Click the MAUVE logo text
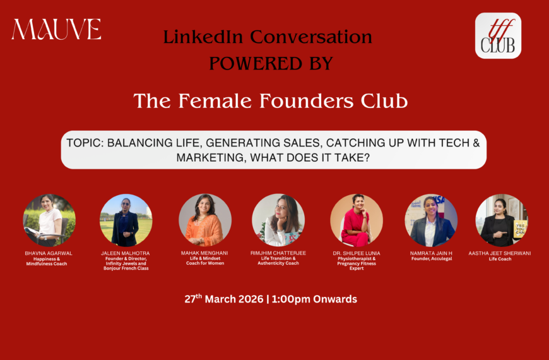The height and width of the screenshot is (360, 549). click(56, 30)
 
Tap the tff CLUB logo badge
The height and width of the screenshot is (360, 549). click(498, 36)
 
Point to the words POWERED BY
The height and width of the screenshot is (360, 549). click(271, 64)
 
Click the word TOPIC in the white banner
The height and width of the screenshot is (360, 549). click(84, 143)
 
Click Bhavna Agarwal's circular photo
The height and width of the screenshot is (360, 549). click(49, 220)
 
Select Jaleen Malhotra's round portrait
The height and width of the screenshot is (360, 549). click(126, 220)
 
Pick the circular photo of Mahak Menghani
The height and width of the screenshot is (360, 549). click(205, 220)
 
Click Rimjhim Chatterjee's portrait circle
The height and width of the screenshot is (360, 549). click(278, 220)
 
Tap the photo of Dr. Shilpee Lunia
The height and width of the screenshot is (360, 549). click(357, 220)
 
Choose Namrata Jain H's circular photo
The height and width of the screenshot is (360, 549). click(431, 220)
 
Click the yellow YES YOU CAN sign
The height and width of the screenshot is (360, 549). click(520, 229)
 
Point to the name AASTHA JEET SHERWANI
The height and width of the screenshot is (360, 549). click(499, 253)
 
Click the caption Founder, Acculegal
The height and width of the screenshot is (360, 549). click(432, 259)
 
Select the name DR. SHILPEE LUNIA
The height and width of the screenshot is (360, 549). click(357, 253)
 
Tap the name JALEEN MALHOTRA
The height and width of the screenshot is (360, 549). click(125, 253)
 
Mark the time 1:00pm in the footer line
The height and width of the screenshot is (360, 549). click(302, 299)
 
